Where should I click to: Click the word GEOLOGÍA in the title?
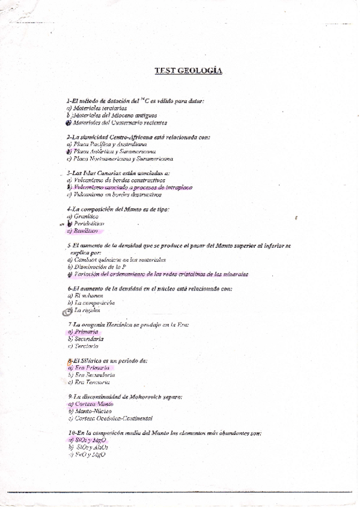tap(203, 71)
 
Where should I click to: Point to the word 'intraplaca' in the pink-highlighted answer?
tap(178, 187)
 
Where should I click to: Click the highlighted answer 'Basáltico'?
tap(86, 230)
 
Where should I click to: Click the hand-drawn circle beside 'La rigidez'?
tap(67, 310)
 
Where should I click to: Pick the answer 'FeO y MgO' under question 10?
tap(90, 454)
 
